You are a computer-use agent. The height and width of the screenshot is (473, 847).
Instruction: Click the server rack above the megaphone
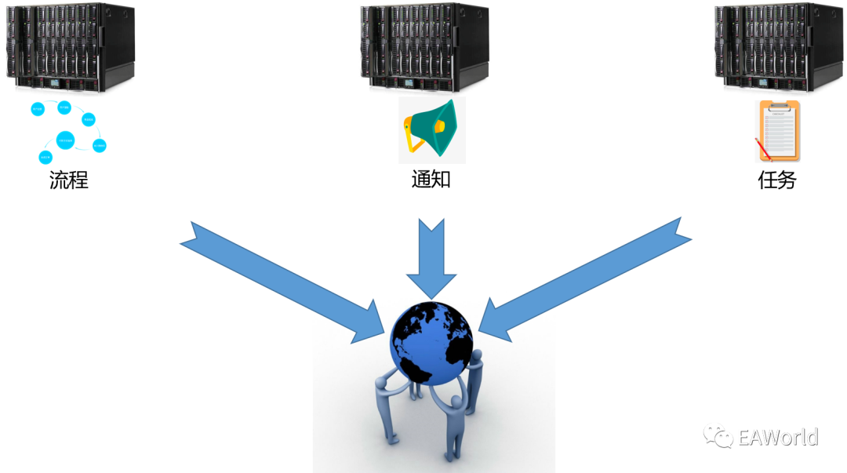[423, 47]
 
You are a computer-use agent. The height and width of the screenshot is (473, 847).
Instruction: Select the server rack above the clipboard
[777, 47]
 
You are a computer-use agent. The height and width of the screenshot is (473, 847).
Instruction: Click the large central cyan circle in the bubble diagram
[66, 141]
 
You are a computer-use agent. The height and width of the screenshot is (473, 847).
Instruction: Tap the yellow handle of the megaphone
[411, 140]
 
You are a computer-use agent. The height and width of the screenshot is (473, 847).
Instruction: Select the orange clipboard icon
[777, 132]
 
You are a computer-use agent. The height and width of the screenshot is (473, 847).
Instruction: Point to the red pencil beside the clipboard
[763, 150]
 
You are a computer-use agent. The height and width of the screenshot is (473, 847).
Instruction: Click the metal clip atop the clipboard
[777, 104]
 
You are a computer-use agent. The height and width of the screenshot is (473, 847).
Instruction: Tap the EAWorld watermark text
[777, 437]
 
